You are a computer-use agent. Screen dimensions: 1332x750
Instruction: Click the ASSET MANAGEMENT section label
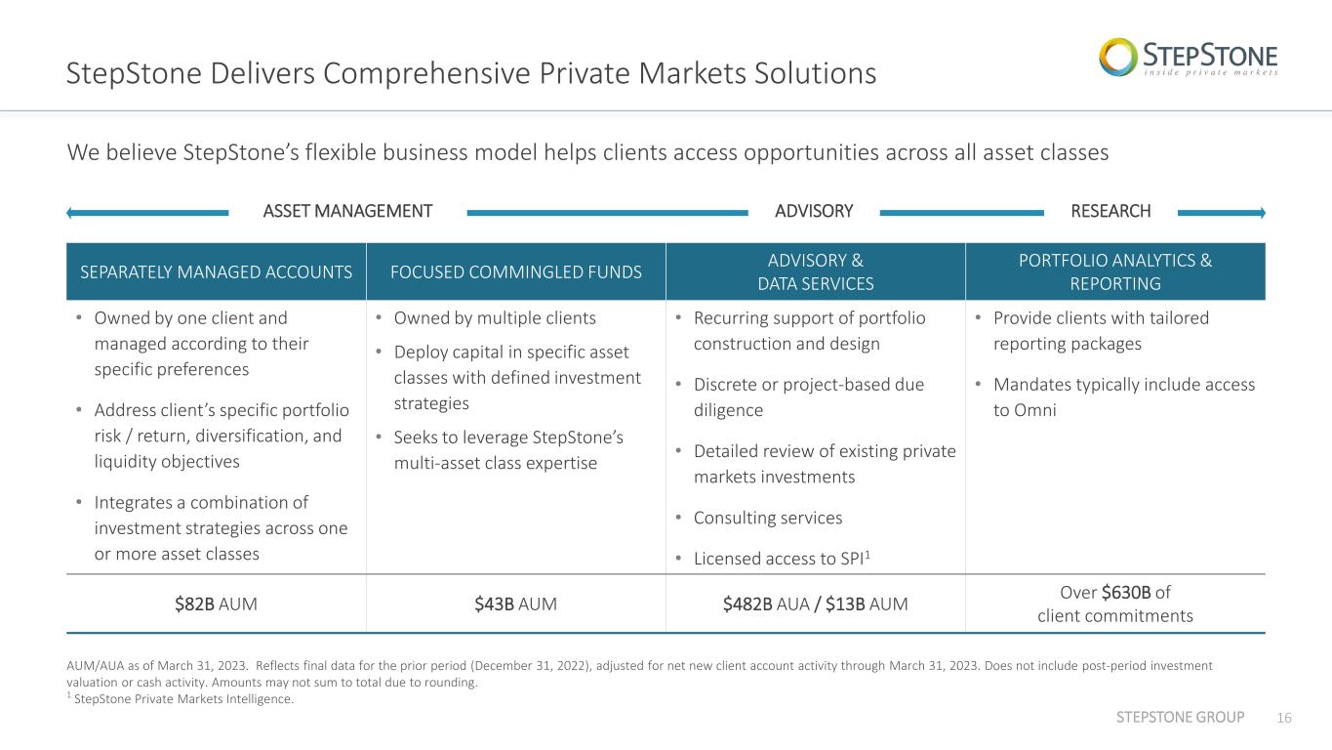pyautogui.click(x=347, y=211)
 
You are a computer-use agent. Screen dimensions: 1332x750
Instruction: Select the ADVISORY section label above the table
pyautogui.click(x=814, y=211)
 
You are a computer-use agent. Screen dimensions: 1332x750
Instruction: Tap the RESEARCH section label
pyautogui.click(x=1110, y=211)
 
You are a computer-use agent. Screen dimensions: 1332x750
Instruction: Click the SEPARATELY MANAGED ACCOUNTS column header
pyautogui.click(x=216, y=272)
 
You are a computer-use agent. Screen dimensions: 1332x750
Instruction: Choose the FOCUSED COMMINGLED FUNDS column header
pyautogui.click(x=515, y=272)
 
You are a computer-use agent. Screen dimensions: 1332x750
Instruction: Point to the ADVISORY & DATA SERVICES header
pyautogui.click(x=815, y=272)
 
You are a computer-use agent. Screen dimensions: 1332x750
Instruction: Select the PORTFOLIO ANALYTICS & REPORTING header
pyautogui.click(x=1115, y=272)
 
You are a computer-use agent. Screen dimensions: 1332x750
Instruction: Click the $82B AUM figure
pyautogui.click(x=216, y=604)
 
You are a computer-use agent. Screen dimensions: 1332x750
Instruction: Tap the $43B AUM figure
pyautogui.click(x=515, y=604)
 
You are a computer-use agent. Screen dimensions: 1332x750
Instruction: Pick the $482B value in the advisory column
pyautogui.click(x=747, y=604)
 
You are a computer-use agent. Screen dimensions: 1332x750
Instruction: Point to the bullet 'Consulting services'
pyautogui.click(x=768, y=518)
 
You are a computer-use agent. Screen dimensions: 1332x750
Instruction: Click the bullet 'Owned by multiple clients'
pyautogui.click(x=495, y=318)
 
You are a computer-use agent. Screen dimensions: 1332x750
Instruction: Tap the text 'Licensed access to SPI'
pyautogui.click(x=779, y=559)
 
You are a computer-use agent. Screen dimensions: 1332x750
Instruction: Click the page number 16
pyautogui.click(x=1284, y=718)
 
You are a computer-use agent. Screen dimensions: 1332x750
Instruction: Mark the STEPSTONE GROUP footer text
pyautogui.click(x=1180, y=717)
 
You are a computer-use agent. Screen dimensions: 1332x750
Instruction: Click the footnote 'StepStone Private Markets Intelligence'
pyautogui.click(x=183, y=699)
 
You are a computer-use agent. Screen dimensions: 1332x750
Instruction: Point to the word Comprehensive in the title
pyautogui.click(x=427, y=74)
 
